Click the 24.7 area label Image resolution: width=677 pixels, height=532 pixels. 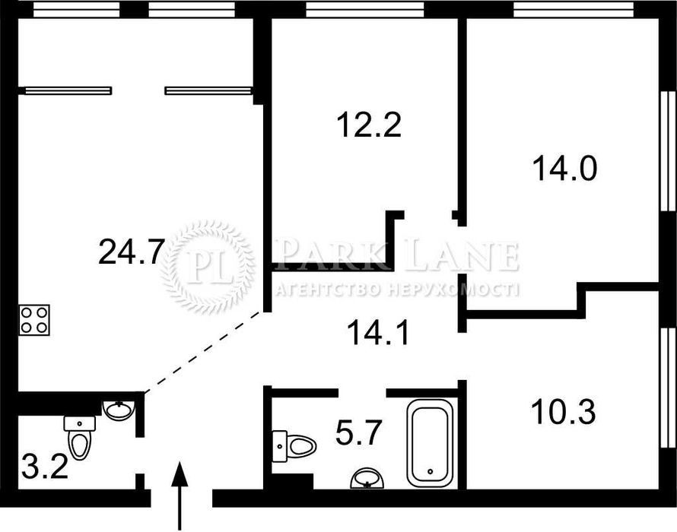tap(132, 252)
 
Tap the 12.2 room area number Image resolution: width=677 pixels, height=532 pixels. tap(369, 125)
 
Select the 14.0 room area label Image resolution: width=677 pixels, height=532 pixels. tap(564, 168)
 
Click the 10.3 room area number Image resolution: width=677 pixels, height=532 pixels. tap(564, 412)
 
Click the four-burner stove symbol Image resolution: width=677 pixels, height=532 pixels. tap(34, 320)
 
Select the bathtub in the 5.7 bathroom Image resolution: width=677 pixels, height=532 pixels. tap(430, 443)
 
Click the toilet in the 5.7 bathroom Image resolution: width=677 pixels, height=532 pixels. tap(294, 446)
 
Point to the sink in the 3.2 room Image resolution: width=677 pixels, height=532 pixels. tap(119, 410)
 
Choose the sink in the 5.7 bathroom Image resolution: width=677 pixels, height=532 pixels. tap(367, 479)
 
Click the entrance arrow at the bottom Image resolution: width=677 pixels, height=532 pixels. tap(180, 496)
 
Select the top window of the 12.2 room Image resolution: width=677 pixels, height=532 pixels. tap(365, 9)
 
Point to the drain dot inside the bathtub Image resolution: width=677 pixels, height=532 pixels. tap(430, 472)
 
